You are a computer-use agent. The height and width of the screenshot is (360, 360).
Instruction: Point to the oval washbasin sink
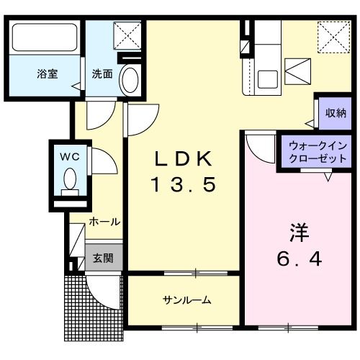click(x=130, y=79)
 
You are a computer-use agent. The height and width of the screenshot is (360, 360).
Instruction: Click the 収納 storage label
click(x=335, y=112)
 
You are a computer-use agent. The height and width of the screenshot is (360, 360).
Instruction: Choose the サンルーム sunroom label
click(x=186, y=300)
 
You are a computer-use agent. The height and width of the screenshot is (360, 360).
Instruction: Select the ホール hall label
click(x=104, y=222)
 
